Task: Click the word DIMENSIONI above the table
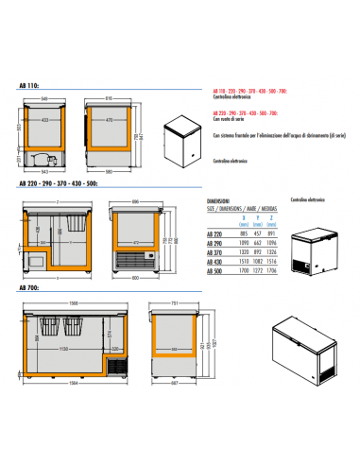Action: [217, 202]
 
